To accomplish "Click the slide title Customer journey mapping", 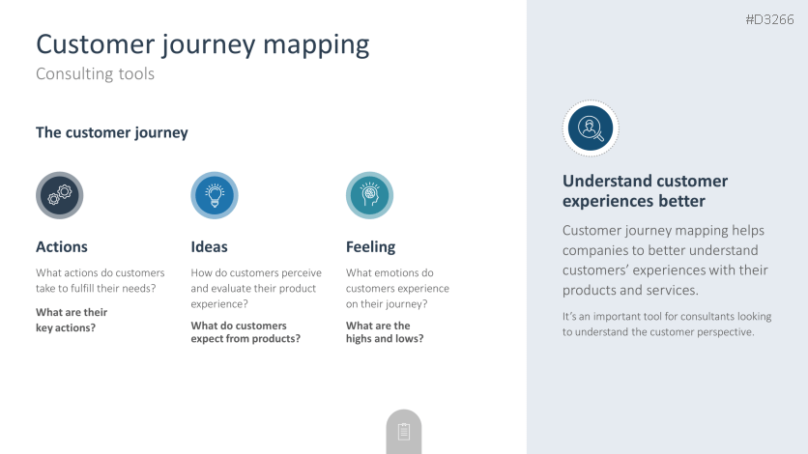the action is coord(203,44).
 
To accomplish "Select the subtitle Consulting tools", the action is coord(96,73).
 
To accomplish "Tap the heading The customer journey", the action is coord(112,132).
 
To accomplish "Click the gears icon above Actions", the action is coord(60,195).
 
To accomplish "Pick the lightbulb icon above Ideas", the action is coord(215,195).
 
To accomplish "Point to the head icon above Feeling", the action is coord(369,195).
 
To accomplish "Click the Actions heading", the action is coord(62,247).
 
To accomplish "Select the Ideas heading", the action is coord(209,247).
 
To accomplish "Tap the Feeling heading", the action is coord(370,247).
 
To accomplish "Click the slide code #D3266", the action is coord(770,20).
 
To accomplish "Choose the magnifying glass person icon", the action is coord(591,128).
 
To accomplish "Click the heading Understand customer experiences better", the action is coord(646,191).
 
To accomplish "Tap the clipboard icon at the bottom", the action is coord(404,432).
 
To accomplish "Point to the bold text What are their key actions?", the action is coord(72,320).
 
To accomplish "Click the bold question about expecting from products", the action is coord(245,332).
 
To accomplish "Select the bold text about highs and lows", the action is coord(385,332).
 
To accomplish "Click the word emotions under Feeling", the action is coord(398,272).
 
